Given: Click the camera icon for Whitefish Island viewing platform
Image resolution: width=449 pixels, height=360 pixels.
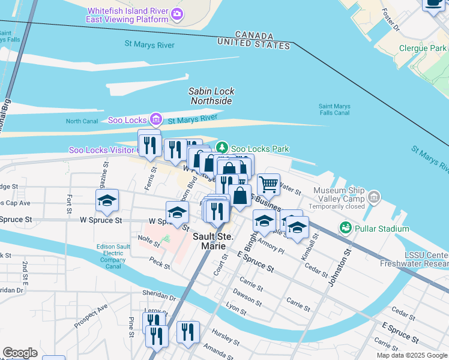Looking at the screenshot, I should pos(176,14).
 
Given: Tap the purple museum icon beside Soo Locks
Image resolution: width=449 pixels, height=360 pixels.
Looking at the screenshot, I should pos(155,119).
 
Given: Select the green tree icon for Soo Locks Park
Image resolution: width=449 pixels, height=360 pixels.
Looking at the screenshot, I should pos(222,148).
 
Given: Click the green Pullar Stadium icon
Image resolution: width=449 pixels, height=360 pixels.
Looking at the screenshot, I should pos(345,228).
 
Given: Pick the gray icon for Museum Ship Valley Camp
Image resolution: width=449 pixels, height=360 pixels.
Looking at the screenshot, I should pos(375,196).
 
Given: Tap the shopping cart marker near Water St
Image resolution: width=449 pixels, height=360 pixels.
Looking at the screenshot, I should pos(268,185).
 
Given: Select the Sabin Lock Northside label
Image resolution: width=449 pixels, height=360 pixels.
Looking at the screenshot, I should pos(211,96).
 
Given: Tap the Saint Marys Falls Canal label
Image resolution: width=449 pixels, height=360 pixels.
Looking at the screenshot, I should pos(334,109).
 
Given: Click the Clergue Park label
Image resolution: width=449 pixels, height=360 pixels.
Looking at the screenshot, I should pos(423,49).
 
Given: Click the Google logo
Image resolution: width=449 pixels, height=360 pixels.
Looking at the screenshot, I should pos(20,353).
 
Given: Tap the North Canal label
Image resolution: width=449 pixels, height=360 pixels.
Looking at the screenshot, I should pos(81,121).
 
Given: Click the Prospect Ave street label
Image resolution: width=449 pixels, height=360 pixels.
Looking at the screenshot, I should pos(91,315).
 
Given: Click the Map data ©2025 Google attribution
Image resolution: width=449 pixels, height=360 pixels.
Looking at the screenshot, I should pos(411,355).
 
